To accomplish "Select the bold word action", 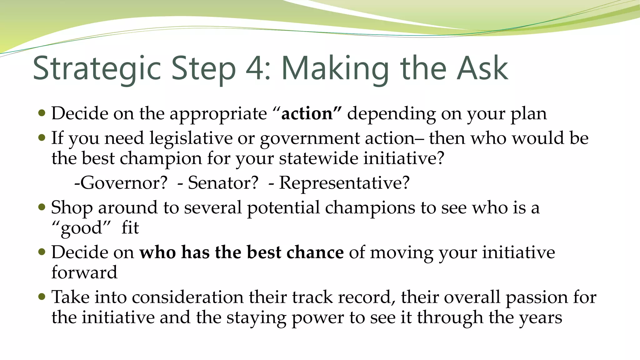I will click(307, 113).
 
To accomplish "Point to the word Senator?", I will click(223, 183).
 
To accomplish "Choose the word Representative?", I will click(344, 183).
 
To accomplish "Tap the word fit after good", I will click(130, 227).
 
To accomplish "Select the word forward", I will click(84, 272).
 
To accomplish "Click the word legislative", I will click(191, 138).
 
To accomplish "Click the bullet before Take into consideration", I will click(42, 296).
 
